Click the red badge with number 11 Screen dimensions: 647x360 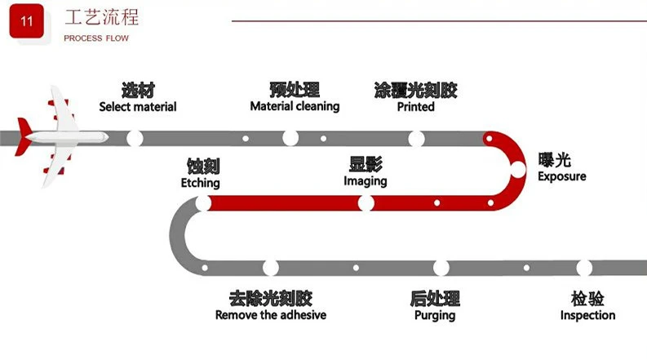tap(26, 21)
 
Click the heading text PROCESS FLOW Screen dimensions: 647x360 tap(96, 38)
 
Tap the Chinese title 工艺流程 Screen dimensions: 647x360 tap(101, 17)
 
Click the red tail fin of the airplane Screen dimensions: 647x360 tap(23, 136)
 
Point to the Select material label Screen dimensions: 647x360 tap(138, 107)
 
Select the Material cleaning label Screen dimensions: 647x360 tap(295, 106)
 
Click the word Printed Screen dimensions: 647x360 tap(415, 107)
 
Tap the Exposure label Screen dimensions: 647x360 tap(561, 176)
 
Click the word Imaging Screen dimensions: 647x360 tap(366, 181)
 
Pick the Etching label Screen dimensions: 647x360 tap(200, 183)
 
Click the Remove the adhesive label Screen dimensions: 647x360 tap(271, 315)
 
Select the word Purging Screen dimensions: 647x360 tap(435, 316)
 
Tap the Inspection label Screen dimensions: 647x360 tap(587, 315)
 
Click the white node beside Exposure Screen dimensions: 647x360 tap(517, 170)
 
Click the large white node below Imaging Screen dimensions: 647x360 tap(366, 203)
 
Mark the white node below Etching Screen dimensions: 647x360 tap(203, 203)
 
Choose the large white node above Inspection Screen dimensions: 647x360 tap(584, 268)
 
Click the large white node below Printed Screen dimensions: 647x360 tap(416, 139)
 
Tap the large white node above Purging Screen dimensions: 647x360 tap(441, 268)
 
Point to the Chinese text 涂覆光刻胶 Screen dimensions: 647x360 tap(415, 90)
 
